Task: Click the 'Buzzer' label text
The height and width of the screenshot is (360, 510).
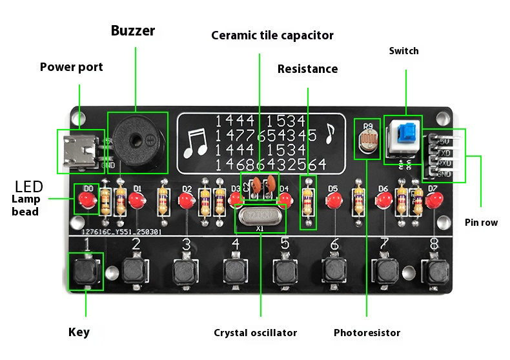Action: (x=132, y=30)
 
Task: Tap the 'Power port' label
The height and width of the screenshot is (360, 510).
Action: (x=71, y=67)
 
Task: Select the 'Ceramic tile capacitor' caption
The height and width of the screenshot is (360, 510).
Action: (x=272, y=35)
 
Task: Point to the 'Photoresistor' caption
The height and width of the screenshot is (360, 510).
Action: (x=367, y=333)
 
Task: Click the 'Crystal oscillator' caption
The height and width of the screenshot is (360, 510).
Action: (x=256, y=333)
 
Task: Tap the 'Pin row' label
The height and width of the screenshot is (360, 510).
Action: (x=481, y=223)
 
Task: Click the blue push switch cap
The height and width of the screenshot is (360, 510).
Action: (x=406, y=135)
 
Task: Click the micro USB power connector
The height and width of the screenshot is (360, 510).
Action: (x=81, y=150)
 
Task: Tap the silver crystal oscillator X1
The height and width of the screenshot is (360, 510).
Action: (x=260, y=216)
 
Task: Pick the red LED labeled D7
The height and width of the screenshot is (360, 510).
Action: (x=433, y=200)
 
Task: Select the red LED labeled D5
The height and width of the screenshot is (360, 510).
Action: (x=333, y=201)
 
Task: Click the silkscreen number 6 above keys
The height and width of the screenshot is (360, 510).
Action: (x=334, y=245)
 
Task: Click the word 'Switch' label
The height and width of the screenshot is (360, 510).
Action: (x=403, y=51)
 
